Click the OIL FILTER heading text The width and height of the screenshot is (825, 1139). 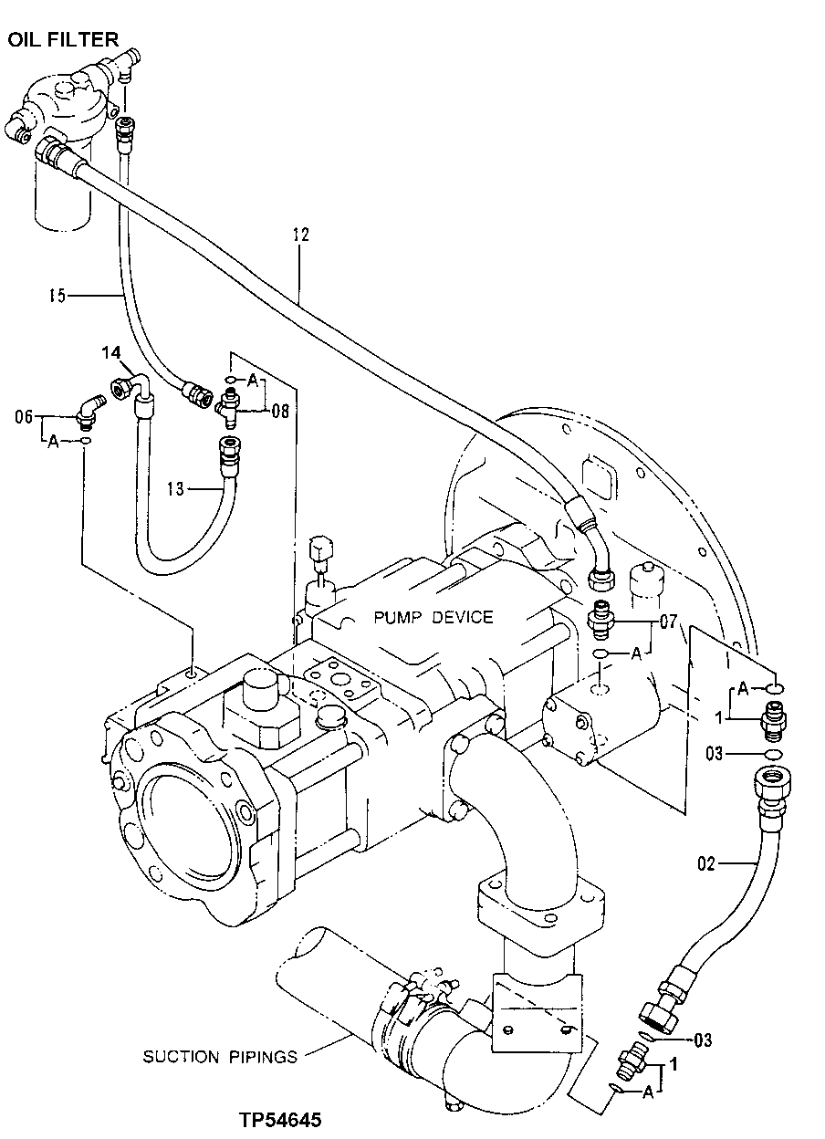pyautogui.click(x=63, y=38)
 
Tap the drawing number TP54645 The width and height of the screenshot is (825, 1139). pyautogui.click(x=281, y=1120)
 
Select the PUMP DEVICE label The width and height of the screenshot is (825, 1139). pyautogui.click(x=433, y=617)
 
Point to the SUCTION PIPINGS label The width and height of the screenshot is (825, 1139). pyautogui.click(x=220, y=1057)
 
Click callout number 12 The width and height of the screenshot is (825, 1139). pyautogui.click(x=301, y=235)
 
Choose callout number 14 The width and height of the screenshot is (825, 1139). pyautogui.click(x=110, y=351)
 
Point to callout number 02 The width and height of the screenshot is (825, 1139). pyautogui.click(x=708, y=861)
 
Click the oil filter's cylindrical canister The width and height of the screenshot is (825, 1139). pyautogui.click(x=63, y=196)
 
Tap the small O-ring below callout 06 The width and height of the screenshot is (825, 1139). pyautogui.click(x=85, y=441)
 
